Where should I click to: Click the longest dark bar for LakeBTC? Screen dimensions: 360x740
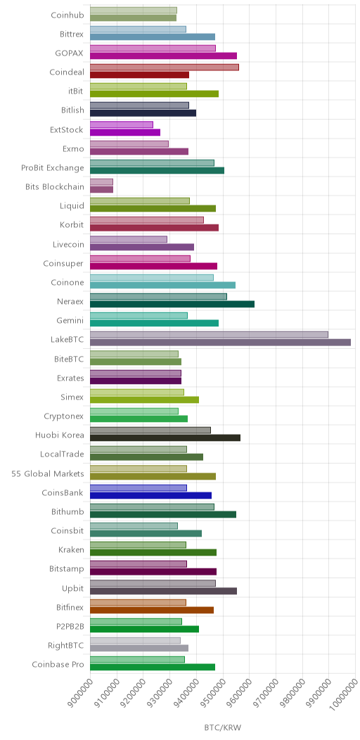point(220,342)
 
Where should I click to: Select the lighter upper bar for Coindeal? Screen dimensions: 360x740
point(165,67)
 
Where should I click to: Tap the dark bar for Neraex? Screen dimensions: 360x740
point(172,304)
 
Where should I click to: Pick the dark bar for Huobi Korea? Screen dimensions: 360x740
point(165,438)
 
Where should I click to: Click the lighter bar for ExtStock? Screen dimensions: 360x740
point(121,125)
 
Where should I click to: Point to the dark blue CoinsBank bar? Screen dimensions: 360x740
point(150,495)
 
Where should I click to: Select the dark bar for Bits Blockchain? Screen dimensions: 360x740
point(101,189)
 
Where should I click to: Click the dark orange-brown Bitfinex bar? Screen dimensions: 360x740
point(151,610)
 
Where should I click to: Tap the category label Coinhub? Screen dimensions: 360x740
point(67,15)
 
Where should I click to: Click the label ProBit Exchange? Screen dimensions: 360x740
point(53,167)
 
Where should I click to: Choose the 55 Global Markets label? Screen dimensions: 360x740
point(48,473)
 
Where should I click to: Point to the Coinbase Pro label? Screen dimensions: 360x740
point(58,665)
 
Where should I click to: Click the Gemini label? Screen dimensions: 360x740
point(70,321)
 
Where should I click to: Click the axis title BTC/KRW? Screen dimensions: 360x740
point(222,727)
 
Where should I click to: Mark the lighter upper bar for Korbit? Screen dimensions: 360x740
point(147,220)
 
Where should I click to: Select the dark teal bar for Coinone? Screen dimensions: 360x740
point(163,285)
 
